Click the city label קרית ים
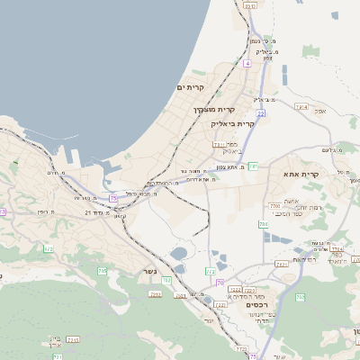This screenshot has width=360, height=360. tap(192, 87)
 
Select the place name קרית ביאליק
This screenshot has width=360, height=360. tap(232, 123)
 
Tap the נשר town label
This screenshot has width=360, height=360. tap(148, 271)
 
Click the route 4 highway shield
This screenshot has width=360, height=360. tap(247, 64)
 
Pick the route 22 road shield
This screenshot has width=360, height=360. tap(260, 113)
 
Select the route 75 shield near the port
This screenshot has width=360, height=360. tap(113, 197)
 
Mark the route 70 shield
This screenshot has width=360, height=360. tap(220, 283)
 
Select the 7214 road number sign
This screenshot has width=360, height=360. tap(301, 107)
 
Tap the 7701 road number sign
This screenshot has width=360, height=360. tap(274, 206)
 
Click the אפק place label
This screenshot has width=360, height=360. tap(321, 111)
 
